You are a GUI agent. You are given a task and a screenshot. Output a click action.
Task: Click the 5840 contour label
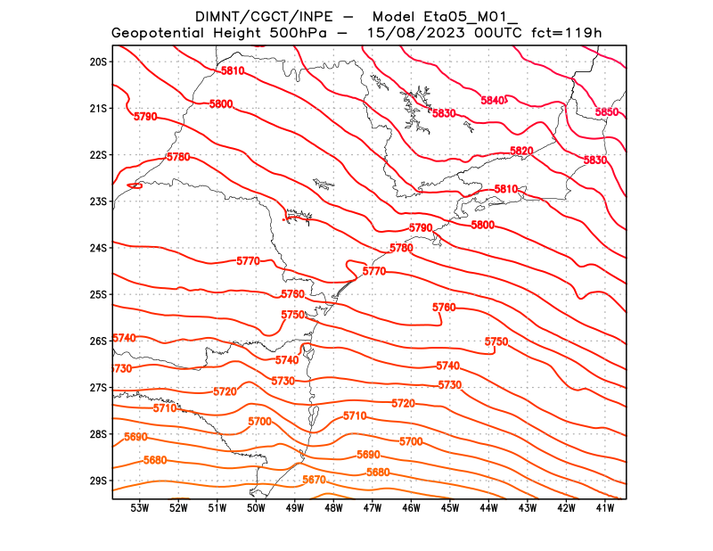(x=493, y=100)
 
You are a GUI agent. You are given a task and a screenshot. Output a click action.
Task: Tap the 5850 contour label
(x=607, y=112)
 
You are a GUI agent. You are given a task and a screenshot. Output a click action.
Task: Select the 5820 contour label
(x=521, y=151)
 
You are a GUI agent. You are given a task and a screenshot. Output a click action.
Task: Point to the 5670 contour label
(x=314, y=480)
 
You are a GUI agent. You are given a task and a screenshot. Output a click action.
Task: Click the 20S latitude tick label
(x=98, y=62)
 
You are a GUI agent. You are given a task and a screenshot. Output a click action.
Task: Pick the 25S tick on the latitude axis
(x=98, y=294)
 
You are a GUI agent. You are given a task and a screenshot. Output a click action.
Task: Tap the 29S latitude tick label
(x=98, y=481)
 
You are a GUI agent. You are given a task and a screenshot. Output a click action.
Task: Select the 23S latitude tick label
(x=98, y=201)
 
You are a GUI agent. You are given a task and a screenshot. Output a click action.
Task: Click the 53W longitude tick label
(x=139, y=508)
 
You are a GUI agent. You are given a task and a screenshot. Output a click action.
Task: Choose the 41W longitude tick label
(x=605, y=508)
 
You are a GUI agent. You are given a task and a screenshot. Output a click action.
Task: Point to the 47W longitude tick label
(x=373, y=508)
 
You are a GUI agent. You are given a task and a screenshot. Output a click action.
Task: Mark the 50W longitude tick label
(x=256, y=508)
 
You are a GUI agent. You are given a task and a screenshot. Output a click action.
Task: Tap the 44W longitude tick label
(x=488, y=508)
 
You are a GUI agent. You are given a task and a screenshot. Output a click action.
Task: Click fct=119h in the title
(x=566, y=34)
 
